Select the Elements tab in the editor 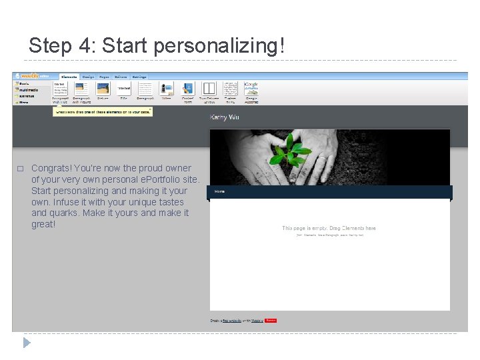coord(69,77)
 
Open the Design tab coord(89,77)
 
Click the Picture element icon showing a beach coord(103,89)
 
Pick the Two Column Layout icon coord(209,89)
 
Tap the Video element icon coord(166,89)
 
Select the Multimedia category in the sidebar coord(29,90)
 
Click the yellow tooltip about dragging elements coord(103,112)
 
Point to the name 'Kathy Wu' coord(224,117)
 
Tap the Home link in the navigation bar coord(219,191)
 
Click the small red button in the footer coord(271,321)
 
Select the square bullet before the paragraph coord(21,169)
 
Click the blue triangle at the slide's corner coord(27,343)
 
